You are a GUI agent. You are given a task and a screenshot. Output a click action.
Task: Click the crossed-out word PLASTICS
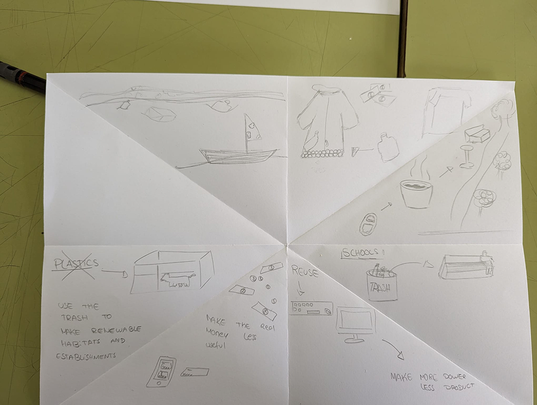[x=76, y=264]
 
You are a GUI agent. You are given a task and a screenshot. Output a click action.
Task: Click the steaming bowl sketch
[x=417, y=193]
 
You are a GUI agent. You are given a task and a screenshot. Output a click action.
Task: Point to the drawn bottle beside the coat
[x=387, y=148]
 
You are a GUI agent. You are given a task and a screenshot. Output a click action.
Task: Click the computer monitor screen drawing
[x=356, y=321]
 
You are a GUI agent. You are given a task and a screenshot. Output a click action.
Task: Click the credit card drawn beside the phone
[x=195, y=372]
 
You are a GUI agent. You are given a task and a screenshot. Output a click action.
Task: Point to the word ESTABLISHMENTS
[x=85, y=356]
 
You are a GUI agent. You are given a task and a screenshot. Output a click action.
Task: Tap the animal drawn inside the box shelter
[x=174, y=281]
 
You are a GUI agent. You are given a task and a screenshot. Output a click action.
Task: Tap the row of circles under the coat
[x=321, y=154]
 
